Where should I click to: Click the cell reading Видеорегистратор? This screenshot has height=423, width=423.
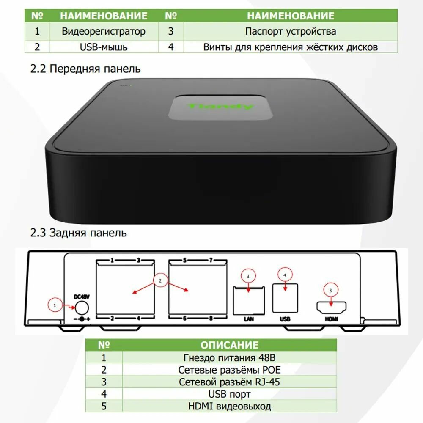(104, 31)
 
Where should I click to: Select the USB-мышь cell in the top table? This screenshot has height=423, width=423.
(104, 47)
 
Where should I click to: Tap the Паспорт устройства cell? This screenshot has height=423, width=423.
(290, 31)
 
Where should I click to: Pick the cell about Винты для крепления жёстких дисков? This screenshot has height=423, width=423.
(290, 47)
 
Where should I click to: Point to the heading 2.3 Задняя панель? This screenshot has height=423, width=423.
(78, 233)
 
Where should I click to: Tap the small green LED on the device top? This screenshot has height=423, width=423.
(131, 85)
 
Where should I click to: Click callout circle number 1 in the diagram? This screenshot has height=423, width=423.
(55, 304)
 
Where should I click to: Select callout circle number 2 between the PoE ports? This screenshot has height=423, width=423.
(160, 280)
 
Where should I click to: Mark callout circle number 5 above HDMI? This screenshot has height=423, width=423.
(331, 290)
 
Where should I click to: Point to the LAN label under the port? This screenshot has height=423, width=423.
(248, 319)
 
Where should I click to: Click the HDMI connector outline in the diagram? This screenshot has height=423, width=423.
(331, 307)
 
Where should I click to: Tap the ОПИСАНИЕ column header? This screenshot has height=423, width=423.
(229, 345)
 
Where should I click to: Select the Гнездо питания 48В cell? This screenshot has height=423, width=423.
(229, 357)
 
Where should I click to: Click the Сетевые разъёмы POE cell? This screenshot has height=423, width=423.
(229, 370)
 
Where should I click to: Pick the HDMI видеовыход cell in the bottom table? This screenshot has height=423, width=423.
(229, 407)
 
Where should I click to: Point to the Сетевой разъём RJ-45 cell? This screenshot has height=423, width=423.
(229, 382)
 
